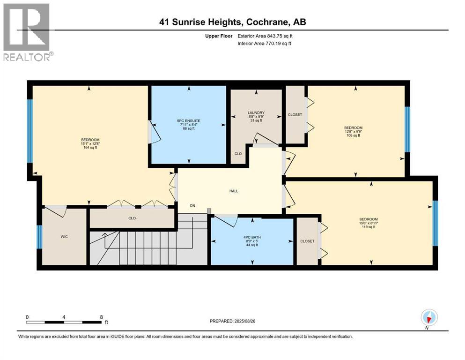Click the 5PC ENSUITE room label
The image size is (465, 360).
pos(188,120)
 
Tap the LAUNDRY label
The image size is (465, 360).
pos(256,112)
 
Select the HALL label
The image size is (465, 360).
pos(234,191)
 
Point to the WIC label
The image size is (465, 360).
pos(64,237)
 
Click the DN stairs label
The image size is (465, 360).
pos(192,205)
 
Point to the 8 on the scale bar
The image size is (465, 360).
pos(102,317)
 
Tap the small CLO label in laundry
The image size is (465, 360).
pos(238,153)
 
